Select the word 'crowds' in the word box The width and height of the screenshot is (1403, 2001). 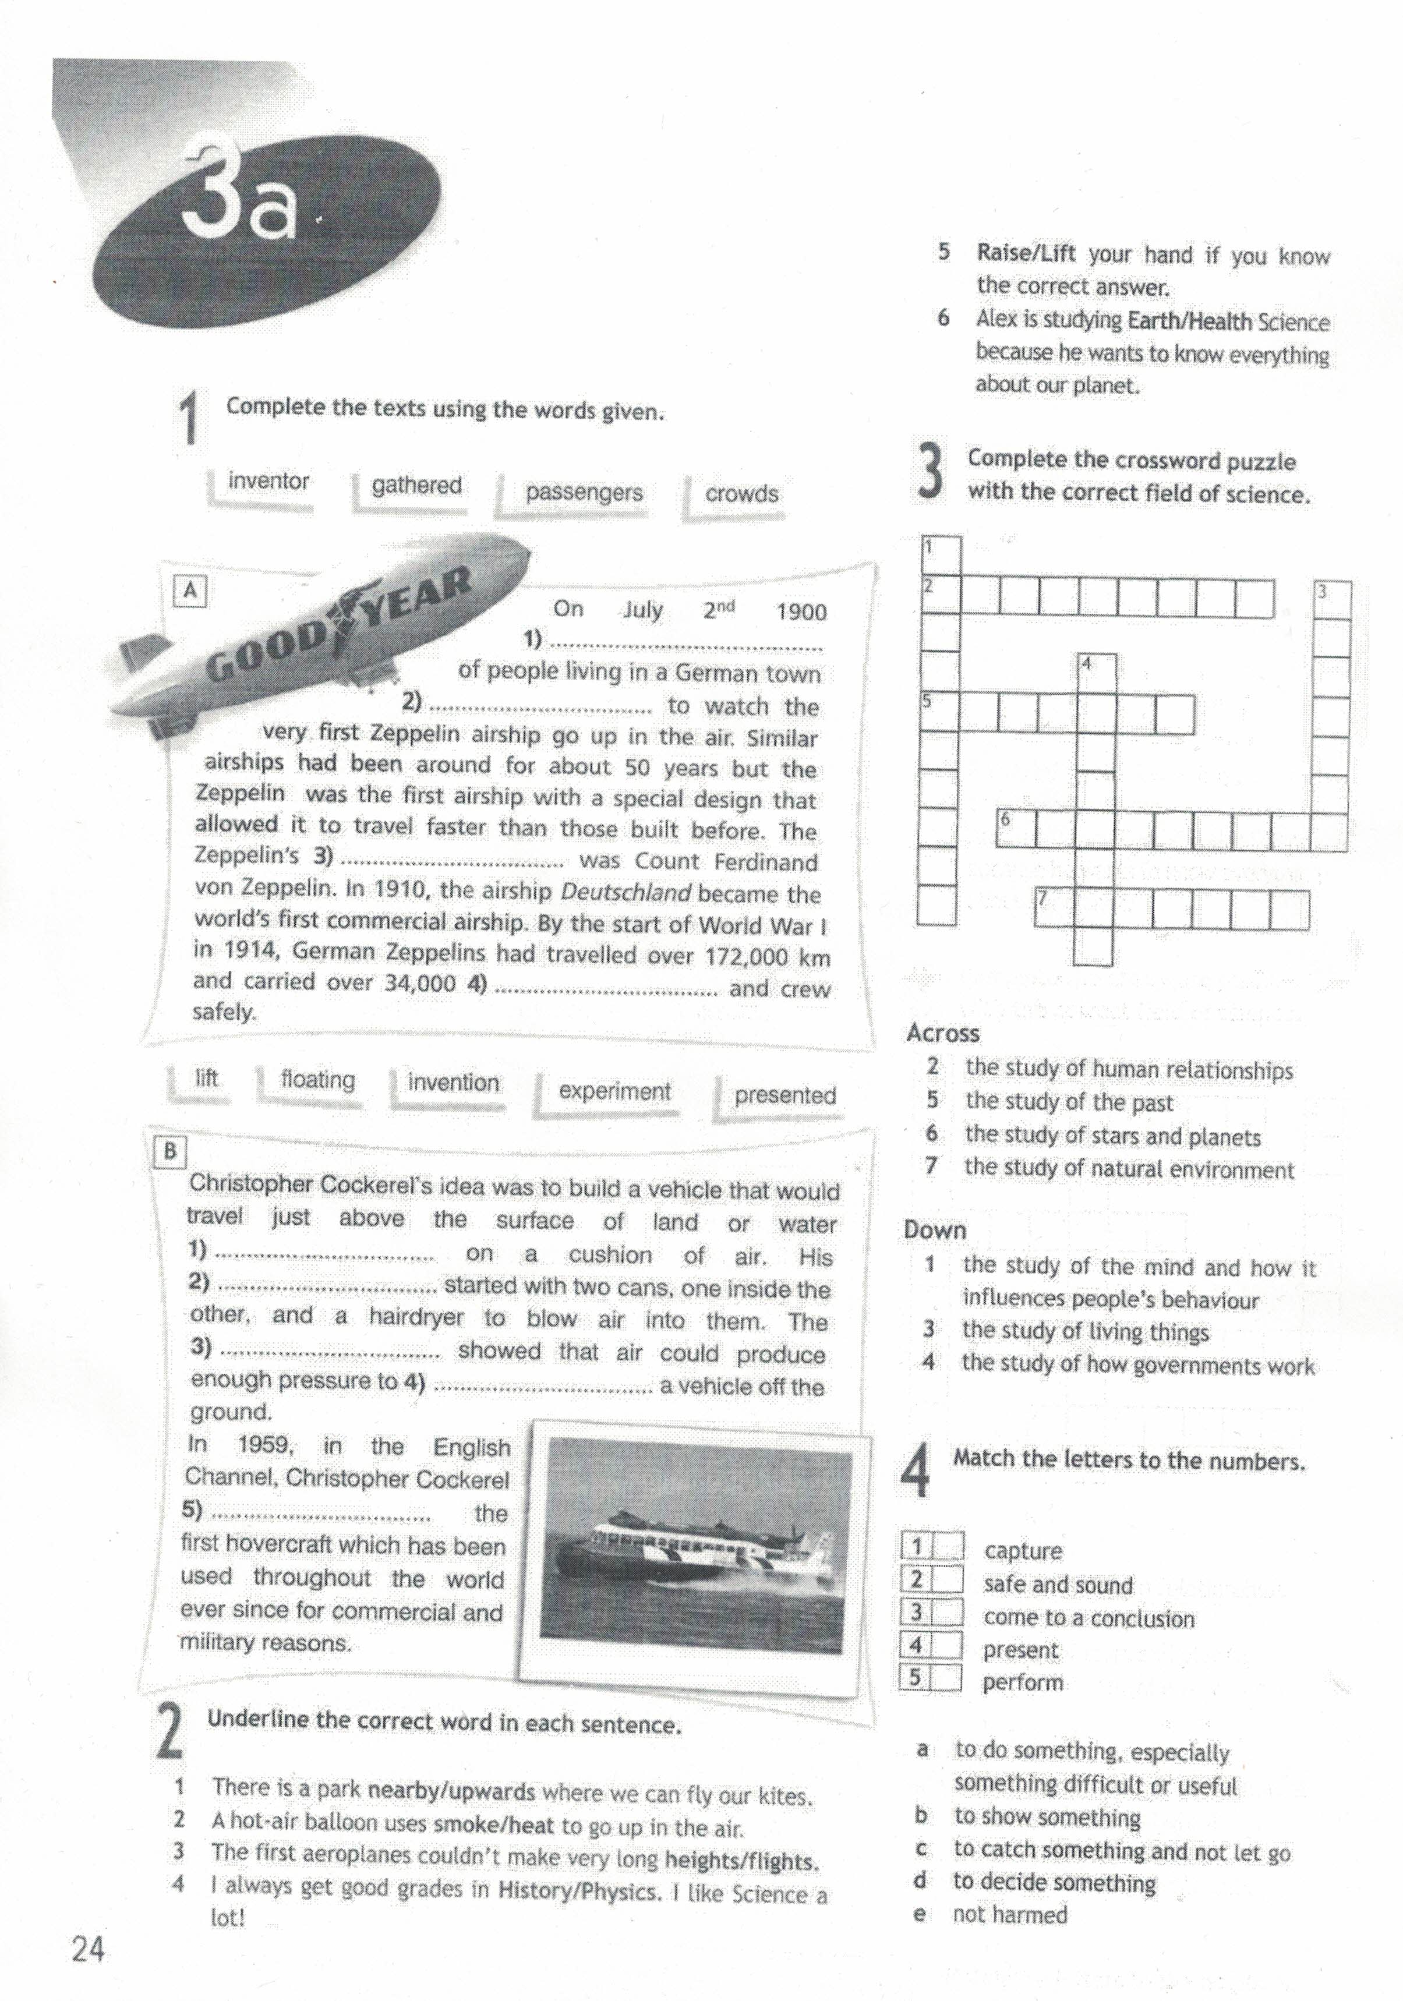pos(741,494)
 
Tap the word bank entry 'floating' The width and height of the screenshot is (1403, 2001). pos(317,1080)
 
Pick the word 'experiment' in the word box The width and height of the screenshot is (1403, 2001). pos(614,1091)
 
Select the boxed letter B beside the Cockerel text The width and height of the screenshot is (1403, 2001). pos(170,1151)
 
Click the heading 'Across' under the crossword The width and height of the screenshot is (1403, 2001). pos(943,1034)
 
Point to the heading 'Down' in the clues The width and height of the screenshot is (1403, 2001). pos(935,1231)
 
